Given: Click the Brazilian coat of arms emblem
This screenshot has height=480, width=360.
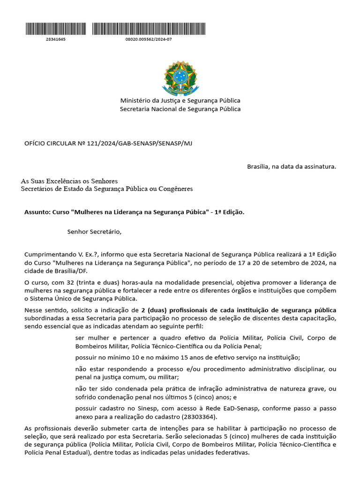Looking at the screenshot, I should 180,77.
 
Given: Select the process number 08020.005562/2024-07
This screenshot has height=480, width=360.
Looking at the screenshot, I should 149,39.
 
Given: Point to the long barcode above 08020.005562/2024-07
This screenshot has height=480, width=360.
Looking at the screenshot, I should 149,29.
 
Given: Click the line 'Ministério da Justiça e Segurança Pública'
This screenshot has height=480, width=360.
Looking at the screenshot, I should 180,101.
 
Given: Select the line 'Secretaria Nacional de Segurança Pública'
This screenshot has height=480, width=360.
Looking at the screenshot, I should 180,109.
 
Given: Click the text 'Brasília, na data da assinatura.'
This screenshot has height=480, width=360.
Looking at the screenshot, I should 291,166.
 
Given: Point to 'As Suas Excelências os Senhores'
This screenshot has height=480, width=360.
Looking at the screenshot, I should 69,181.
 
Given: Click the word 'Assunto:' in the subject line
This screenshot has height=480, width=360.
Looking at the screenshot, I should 37,212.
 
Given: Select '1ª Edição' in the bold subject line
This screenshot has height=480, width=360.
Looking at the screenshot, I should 229,212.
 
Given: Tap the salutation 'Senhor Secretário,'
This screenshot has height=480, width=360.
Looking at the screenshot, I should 94,231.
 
